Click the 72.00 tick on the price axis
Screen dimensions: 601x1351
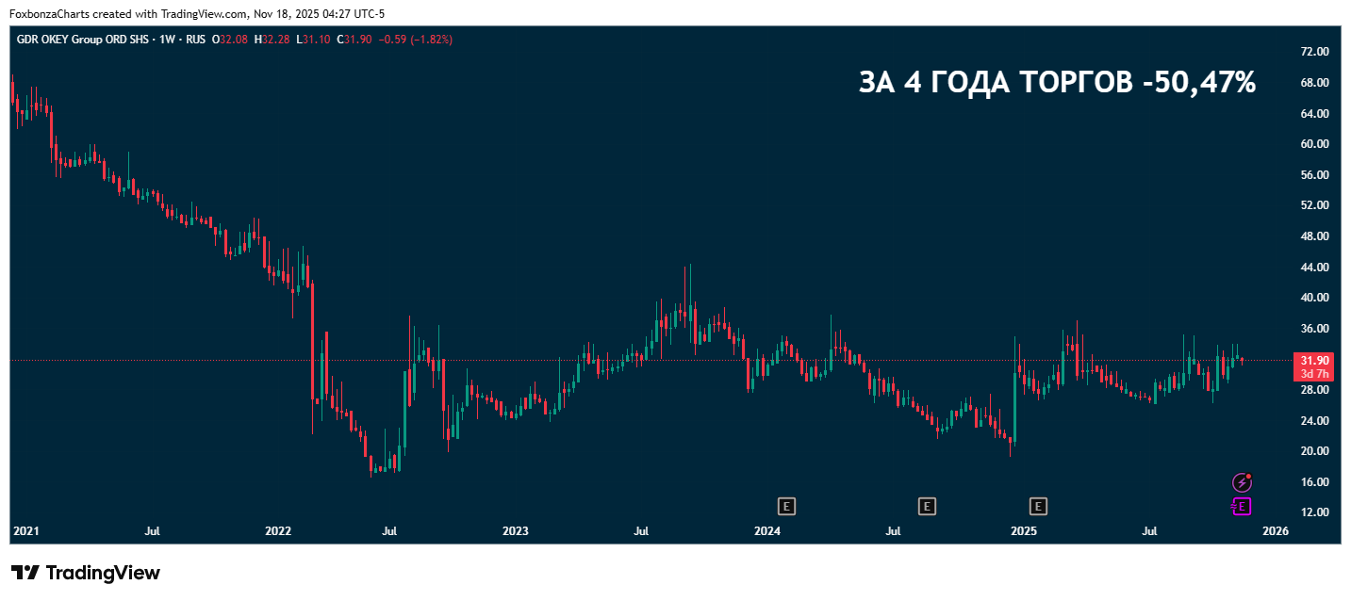[1315, 52]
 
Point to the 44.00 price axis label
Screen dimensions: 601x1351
[1315, 267]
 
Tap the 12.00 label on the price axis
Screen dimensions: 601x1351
[1315, 512]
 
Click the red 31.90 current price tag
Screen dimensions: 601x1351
[1315, 361]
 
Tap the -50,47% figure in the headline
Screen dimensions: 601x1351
[1198, 83]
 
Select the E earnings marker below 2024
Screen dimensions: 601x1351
[787, 507]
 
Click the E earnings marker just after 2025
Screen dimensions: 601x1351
[1039, 507]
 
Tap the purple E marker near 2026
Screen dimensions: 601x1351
[1242, 507]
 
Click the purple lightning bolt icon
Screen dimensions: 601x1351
[1243, 482]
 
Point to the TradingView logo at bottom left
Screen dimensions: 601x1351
[86, 573]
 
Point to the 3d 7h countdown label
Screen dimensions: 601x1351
[1315, 374]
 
